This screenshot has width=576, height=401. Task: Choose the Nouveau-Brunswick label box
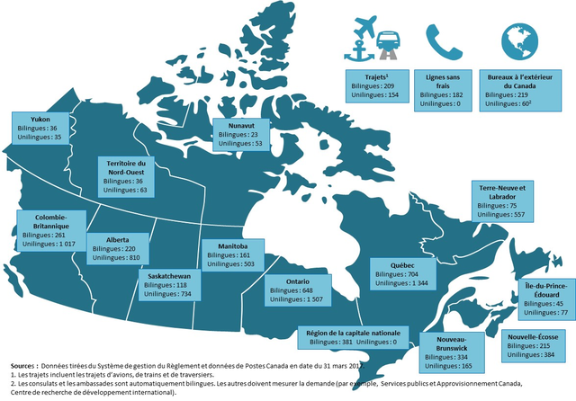tap(449, 352)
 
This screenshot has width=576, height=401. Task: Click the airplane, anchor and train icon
tap(376, 40)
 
